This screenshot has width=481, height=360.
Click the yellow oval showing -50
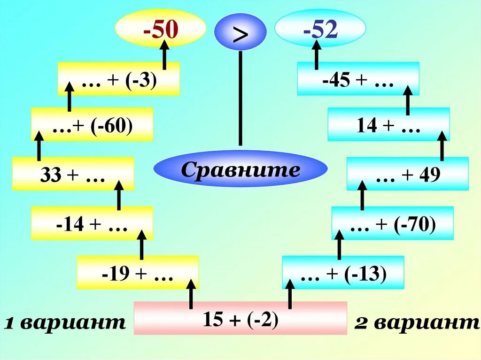click(x=161, y=29)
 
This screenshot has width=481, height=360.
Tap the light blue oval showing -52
click(x=320, y=29)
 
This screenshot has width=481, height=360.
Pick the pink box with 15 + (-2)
click(x=240, y=319)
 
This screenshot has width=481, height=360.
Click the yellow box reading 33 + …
click(x=73, y=175)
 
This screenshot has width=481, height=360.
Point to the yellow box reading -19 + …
click(x=138, y=273)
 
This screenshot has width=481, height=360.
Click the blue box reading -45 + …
click(x=358, y=79)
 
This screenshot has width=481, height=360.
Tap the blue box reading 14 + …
click(x=388, y=125)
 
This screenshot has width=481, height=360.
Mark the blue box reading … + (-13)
click(x=343, y=273)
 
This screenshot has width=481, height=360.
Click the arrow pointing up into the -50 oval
click(x=165, y=55)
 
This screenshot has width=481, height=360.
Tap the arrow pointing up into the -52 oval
click(x=317, y=54)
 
